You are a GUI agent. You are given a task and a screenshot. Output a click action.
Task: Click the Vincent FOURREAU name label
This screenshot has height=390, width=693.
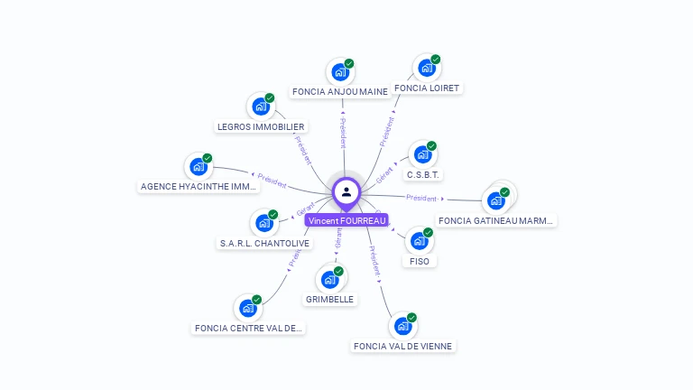point(346,220)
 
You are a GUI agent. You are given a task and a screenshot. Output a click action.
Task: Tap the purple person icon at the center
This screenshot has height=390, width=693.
point(346,191)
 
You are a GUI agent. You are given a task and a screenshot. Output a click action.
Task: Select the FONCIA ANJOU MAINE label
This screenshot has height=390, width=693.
point(340,91)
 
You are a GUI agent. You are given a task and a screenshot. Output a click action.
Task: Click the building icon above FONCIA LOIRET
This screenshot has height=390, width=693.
point(425,68)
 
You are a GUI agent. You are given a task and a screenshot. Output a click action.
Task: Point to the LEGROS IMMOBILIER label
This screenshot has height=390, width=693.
point(261,127)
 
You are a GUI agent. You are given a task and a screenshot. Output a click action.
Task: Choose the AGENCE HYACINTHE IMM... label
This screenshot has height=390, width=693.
point(199,187)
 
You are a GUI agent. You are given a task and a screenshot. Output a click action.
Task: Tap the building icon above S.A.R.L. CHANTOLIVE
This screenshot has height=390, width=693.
point(263,221)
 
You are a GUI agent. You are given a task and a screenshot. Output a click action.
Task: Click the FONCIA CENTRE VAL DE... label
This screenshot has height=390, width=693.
point(249,328)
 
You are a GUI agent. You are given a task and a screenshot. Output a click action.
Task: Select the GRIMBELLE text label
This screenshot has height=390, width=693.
point(329,299)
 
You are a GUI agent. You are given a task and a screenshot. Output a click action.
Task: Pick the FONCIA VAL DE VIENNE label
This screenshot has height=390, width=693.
point(403,346)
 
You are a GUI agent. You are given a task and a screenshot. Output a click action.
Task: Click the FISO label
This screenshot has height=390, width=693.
point(419,261)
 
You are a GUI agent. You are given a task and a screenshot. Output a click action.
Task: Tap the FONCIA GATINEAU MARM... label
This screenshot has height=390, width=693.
point(497,220)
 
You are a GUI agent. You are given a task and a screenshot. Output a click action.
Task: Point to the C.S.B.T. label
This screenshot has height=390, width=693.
point(424,174)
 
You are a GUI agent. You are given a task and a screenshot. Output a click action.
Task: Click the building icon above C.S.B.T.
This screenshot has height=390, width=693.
point(421,154)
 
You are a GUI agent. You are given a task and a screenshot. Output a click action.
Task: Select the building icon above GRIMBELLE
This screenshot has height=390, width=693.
point(329,279)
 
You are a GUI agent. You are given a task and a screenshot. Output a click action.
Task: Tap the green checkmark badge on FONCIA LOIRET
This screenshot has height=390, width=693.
point(436,60)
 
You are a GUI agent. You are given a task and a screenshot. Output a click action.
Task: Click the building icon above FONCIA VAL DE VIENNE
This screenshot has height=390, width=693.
point(402,325)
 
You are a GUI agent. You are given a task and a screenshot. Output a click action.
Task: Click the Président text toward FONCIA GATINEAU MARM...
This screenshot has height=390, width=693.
point(421,198)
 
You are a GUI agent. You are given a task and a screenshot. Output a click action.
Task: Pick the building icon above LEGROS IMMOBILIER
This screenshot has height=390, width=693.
point(260,107)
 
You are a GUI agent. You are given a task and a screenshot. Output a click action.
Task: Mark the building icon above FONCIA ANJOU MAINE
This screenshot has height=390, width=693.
point(339,72)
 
